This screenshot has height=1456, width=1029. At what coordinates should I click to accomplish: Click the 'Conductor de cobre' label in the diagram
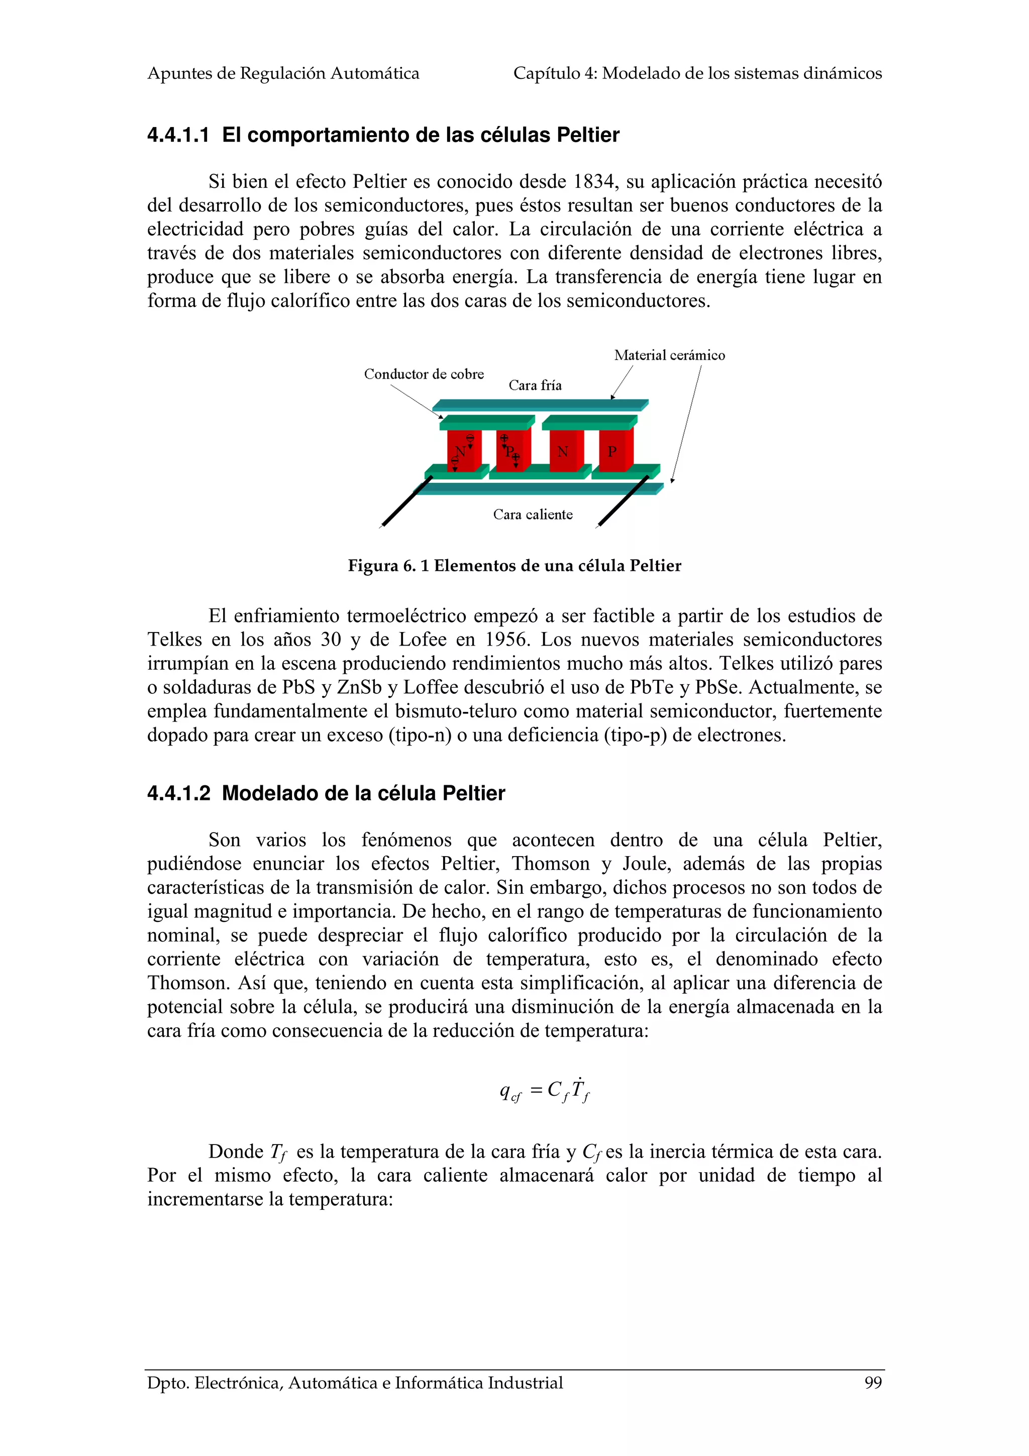(x=424, y=374)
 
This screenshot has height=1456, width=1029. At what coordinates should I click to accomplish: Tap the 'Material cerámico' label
(x=669, y=355)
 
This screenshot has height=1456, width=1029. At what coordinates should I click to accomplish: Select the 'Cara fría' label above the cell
(x=535, y=385)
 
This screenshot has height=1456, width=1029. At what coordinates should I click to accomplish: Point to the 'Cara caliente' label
(x=533, y=514)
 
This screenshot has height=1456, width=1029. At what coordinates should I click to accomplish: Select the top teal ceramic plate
(x=539, y=404)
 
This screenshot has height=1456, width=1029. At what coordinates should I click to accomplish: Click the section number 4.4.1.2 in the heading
(x=178, y=793)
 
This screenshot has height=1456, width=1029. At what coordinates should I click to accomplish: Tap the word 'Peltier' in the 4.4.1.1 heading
(x=588, y=135)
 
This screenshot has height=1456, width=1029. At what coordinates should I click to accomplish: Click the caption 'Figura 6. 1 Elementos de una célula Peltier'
(x=514, y=566)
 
